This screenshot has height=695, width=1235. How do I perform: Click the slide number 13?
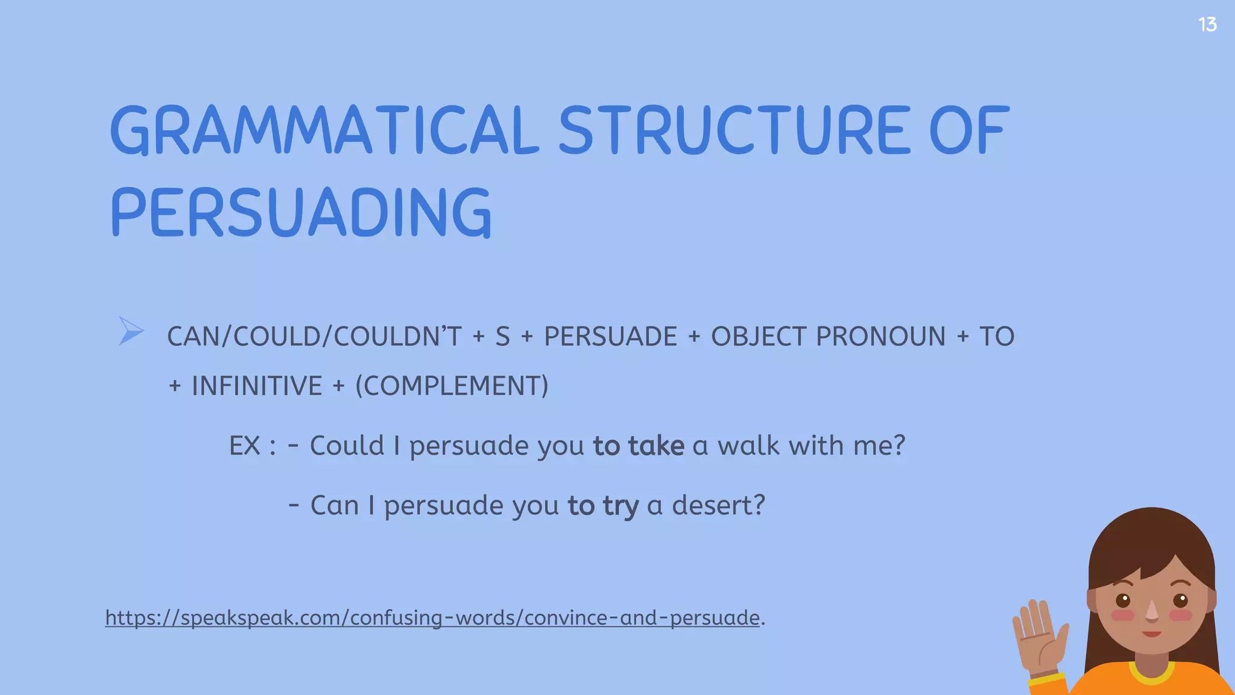click(x=1207, y=25)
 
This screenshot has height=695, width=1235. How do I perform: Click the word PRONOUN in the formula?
click(x=880, y=337)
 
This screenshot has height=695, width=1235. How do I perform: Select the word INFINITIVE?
click(x=257, y=386)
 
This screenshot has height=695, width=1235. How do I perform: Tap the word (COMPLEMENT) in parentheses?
click(x=452, y=386)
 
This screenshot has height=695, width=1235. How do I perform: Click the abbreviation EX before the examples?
click(x=244, y=446)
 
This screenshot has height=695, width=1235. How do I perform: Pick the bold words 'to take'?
click(x=639, y=446)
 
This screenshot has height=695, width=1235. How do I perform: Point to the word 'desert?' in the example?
click(x=718, y=506)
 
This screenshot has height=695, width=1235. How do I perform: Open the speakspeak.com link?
click(x=432, y=618)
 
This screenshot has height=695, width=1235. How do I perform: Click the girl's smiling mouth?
click(x=1152, y=633)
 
